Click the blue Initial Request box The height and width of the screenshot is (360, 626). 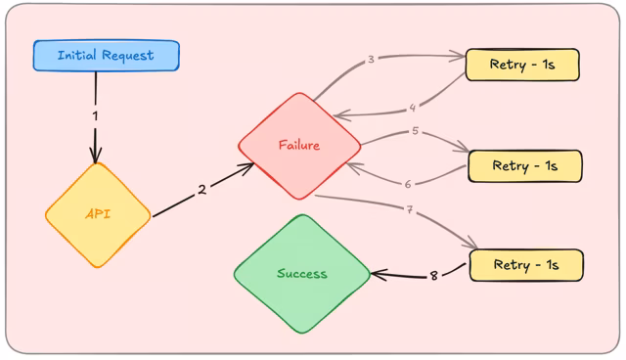click(106, 56)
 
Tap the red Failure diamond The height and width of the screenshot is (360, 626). click(299, 146)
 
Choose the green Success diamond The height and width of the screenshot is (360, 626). click(302, 274)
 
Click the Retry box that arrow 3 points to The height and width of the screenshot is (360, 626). click(523, 65)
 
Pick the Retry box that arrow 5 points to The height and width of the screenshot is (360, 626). click(525, 166)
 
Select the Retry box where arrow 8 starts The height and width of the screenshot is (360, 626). click(526, 265)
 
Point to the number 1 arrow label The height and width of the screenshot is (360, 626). click(96, 115)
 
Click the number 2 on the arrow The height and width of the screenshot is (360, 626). click(202, 189)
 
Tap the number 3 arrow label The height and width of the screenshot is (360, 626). click(372, 60)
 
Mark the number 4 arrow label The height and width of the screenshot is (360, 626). click(412, 108)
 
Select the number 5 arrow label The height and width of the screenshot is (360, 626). click(415, 130)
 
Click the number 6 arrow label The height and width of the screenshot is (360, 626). click(409, 183)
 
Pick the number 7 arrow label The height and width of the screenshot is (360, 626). click(409, 209)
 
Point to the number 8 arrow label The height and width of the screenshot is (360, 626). click(434, 276)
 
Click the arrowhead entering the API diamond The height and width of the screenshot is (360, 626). click(96, 157)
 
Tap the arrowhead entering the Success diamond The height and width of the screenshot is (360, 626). click(377, 275)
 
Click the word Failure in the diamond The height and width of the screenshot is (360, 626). click(299, 146)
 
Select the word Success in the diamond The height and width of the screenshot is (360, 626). click(302, 274)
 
